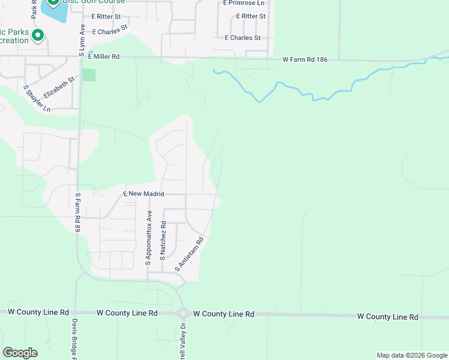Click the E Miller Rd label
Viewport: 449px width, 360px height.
click(104, 56)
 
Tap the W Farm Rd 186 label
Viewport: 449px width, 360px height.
click(306, 59)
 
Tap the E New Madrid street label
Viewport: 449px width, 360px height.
click(143, 194)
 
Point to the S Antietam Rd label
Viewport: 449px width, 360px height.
click(190, 253)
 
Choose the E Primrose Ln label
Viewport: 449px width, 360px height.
click(243, 3)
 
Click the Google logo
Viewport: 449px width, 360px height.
click(20, 353)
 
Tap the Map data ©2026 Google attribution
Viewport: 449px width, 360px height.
click(412, 355)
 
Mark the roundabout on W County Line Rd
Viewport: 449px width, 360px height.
click(183, 313)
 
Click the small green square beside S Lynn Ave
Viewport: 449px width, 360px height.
click(89, 75)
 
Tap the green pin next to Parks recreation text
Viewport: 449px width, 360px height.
click(38, 36)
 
